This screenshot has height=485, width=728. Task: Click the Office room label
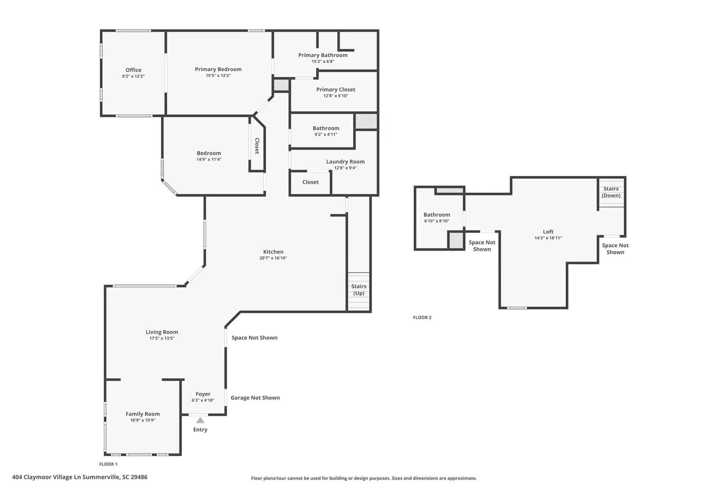133,70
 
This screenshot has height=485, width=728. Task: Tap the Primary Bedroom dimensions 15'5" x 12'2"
218,76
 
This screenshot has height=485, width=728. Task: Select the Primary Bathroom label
323,55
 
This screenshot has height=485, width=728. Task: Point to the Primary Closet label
336,90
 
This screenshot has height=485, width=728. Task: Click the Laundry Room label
345,162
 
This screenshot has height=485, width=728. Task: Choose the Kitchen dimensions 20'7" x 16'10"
273,258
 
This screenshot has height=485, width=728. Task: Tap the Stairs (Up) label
359,290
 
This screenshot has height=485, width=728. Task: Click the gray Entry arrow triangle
200,420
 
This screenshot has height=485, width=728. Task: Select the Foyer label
203,394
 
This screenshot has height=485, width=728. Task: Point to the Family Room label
143,414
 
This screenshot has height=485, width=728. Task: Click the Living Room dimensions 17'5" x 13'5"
162,339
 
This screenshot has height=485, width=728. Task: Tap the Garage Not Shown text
255,398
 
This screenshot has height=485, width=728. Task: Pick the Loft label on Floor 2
548,232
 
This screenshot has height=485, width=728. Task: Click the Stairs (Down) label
611,192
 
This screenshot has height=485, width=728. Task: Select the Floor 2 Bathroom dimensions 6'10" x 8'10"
437,221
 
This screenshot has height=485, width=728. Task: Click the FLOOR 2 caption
422,318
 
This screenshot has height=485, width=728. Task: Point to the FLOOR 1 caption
108,464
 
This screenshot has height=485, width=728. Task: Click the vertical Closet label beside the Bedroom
257,146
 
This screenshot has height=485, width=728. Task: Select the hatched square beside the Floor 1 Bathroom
366,121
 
